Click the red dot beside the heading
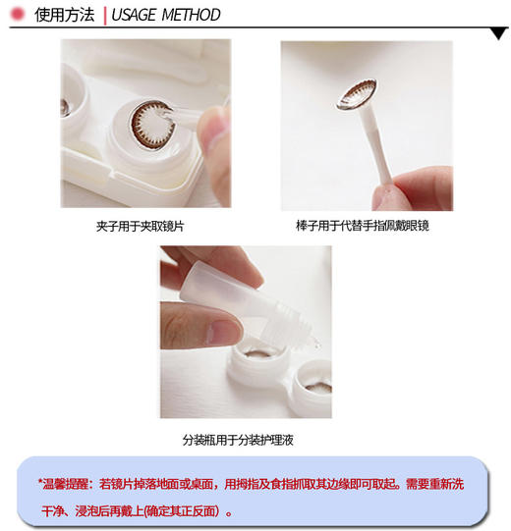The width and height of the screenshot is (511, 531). pyautogui.click(x=17, y=14)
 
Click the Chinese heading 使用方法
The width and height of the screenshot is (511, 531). pyautogui.click(x=64, y=15)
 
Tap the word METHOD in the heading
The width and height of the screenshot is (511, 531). pyautogui.click(x=195, y=15)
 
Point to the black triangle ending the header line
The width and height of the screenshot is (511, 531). pyautogui.click(x=500, y=32)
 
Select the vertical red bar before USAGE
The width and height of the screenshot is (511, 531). pyautogui.click(x=104, y=15)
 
